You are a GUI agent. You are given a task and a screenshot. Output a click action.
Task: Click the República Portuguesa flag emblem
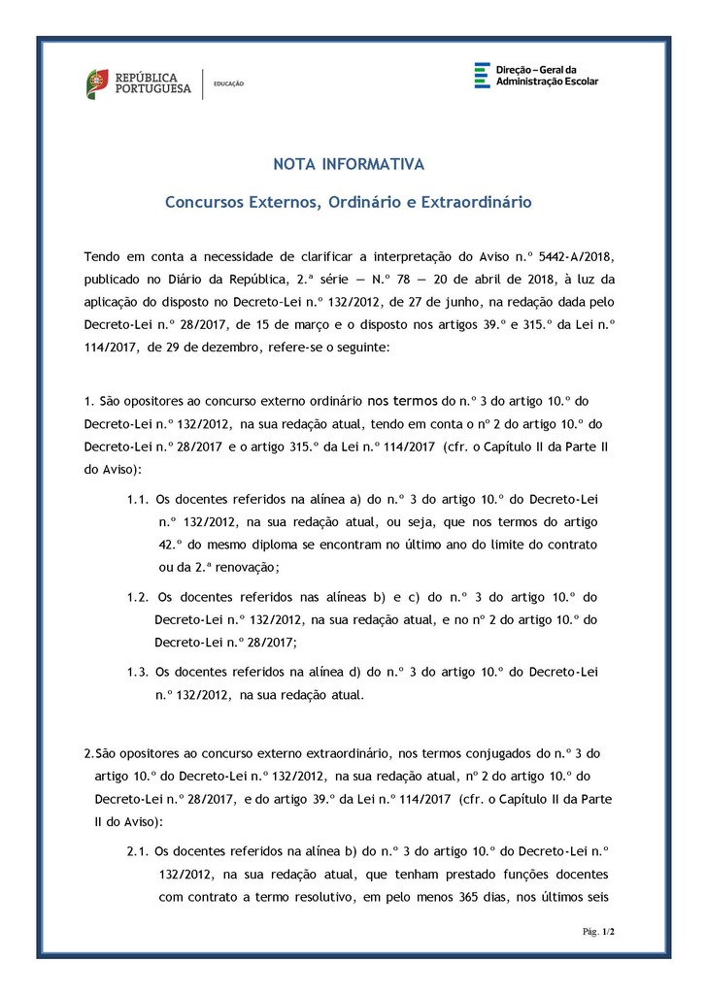click(x=97, y=83)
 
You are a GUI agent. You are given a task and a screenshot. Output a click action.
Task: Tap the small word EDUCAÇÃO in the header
click(x=228, y=83)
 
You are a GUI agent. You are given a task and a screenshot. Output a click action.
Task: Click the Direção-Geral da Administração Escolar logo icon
click(x=482, y=76)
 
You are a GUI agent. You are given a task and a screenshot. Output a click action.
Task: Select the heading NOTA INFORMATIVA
click(x=348, y=164)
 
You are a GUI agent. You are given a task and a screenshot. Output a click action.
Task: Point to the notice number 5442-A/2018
click(x=565, y=256)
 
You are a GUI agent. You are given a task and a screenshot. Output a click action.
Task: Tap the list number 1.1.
click(x=136, y=498)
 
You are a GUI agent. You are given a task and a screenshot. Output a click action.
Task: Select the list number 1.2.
click(x=136, y=596)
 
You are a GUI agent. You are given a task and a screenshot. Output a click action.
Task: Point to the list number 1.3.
click(x=136, y=671)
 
